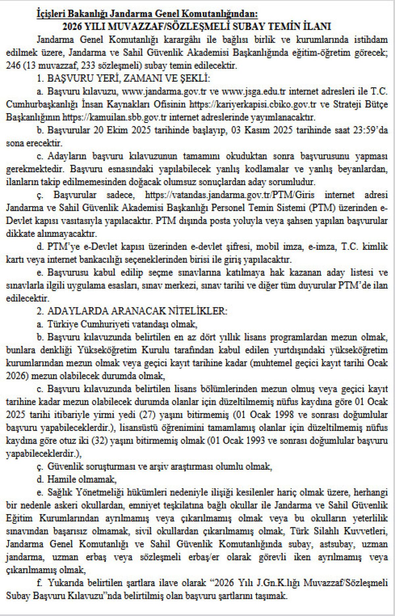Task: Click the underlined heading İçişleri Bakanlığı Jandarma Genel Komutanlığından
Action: tap(147, 14)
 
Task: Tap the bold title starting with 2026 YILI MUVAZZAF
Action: tap(197, 26)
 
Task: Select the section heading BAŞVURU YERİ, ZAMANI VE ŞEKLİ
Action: tap(128, 78)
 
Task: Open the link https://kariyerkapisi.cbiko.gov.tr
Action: tap(253, 104)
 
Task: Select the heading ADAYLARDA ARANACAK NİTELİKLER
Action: tap(137, 311)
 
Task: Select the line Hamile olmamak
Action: tap(82, 479)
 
